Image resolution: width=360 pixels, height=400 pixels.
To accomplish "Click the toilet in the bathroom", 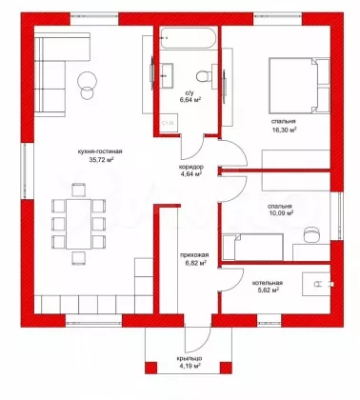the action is click(204, 75).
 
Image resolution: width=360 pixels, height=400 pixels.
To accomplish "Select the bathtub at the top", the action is click(188, 38).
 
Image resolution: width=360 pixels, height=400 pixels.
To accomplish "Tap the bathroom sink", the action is click(167, 75).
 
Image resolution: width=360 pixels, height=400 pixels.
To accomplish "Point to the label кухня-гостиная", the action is click(99, 151).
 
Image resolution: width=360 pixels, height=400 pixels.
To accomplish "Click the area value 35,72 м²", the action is click(101, 160).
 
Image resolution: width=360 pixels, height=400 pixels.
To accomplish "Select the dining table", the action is click(78, 223).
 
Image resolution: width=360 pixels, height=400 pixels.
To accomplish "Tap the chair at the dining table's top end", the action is click(78, 190).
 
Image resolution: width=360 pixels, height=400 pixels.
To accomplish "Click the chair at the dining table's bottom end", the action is click(78, 258).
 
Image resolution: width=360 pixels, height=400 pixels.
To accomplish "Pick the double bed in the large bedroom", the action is click(299, 85).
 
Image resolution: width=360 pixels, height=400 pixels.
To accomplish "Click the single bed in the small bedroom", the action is click(253, 248).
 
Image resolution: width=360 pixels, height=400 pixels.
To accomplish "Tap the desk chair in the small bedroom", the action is click(311, 235).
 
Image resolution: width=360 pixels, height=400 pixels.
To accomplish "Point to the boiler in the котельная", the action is click(317, 284).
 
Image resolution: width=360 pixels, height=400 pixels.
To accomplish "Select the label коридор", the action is click(190, 167).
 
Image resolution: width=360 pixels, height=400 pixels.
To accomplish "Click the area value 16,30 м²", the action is click(284, 130).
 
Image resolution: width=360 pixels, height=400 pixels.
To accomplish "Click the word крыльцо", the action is click(190, 358).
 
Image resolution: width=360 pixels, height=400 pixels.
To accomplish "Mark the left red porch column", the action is click(151, 368).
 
